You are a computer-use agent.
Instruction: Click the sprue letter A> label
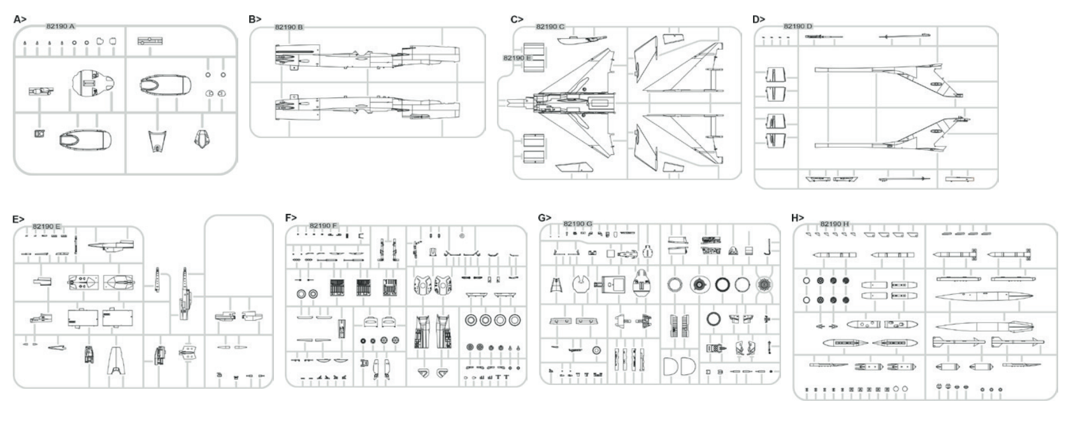[20, 19]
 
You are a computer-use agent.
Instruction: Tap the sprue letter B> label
[255, 19]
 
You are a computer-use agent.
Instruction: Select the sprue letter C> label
[517, 19]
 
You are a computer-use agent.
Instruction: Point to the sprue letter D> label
[759, 19]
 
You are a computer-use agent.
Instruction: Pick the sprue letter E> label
[18, 220]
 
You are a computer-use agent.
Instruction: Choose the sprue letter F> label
[291, 218]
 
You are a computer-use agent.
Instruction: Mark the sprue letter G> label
[545, 218]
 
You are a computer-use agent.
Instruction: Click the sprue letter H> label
[798, 218]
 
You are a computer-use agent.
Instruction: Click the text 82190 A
[61, 27]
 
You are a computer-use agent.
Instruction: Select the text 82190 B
[289, 27]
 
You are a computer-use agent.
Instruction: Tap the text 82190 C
[550, 27]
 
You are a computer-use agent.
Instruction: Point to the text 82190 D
[798, 26]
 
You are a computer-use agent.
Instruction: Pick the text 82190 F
[324, 226]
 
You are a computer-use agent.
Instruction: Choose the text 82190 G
[578, 224]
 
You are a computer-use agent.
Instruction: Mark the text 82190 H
[835, 224]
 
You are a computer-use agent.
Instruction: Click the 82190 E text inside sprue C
[517, 58]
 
